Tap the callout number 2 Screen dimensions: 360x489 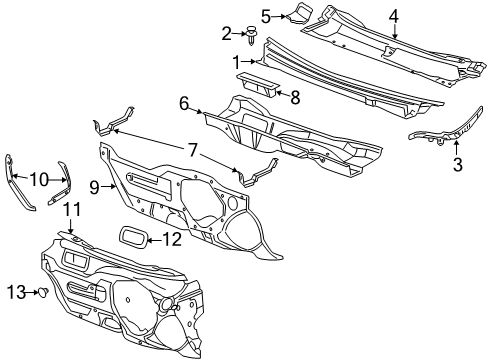(226, 33)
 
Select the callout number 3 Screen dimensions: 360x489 (458, 164)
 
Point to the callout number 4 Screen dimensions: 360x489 (394, 15)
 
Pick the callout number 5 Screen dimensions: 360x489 (266, 15)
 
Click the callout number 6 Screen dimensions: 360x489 (184, 102)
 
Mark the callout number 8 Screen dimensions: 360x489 (295, 97)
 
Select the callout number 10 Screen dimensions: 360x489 (38, 179)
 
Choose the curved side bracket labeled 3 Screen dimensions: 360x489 (441, 136)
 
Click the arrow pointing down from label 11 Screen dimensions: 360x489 (71, 228)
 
